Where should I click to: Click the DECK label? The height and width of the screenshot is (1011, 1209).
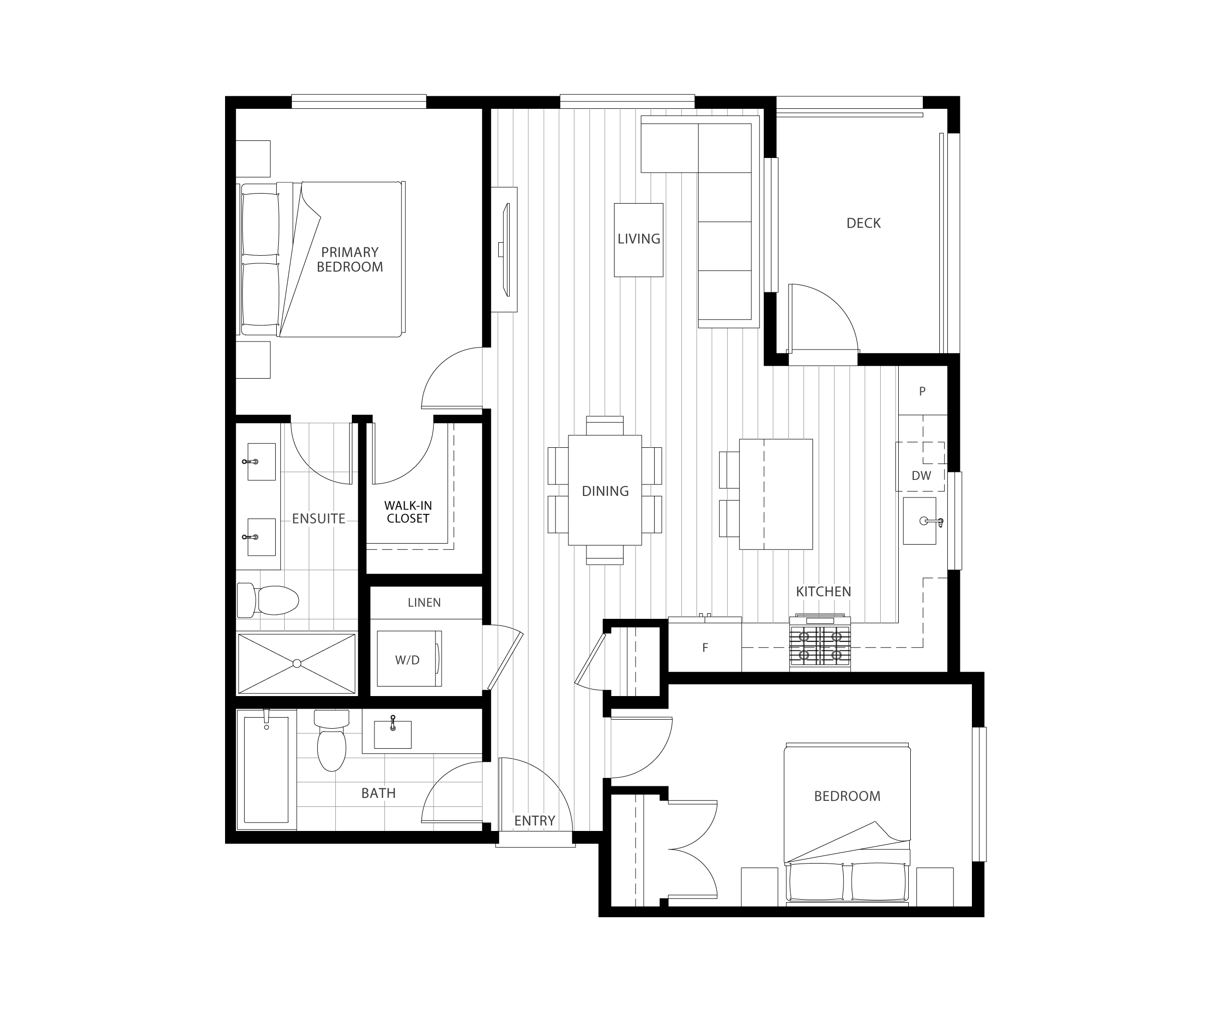[863, 223]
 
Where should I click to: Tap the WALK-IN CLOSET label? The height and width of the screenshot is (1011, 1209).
[408, 512]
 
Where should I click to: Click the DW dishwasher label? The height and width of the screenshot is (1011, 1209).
[921, 475]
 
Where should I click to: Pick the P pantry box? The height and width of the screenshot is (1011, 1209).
[923, 391]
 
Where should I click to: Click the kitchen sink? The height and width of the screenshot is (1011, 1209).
[920, 521]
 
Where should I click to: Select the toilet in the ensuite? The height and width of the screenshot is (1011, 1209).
[268, 599]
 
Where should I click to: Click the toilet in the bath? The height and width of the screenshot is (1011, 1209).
[332, 740]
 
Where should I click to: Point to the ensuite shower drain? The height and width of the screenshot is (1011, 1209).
[297, 663]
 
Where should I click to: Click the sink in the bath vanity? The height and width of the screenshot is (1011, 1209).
[393, 733]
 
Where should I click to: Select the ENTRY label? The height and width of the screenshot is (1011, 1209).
[535, 820]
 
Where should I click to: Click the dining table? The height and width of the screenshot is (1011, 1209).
[604, 490]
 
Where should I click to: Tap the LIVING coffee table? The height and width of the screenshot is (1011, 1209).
[639, 240]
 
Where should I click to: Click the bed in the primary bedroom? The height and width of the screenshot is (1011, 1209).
[321, 259]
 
